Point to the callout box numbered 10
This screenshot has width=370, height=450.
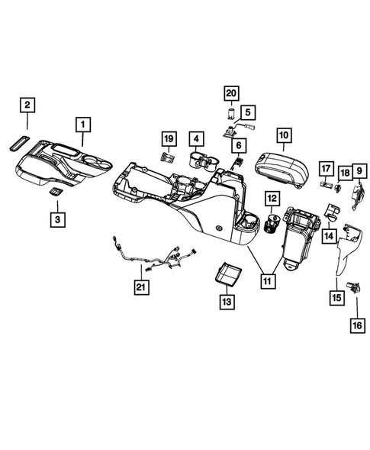click(283, 136)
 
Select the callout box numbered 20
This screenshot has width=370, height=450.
click(231, 94)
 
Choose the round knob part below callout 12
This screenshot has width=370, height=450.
click(271, 225)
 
